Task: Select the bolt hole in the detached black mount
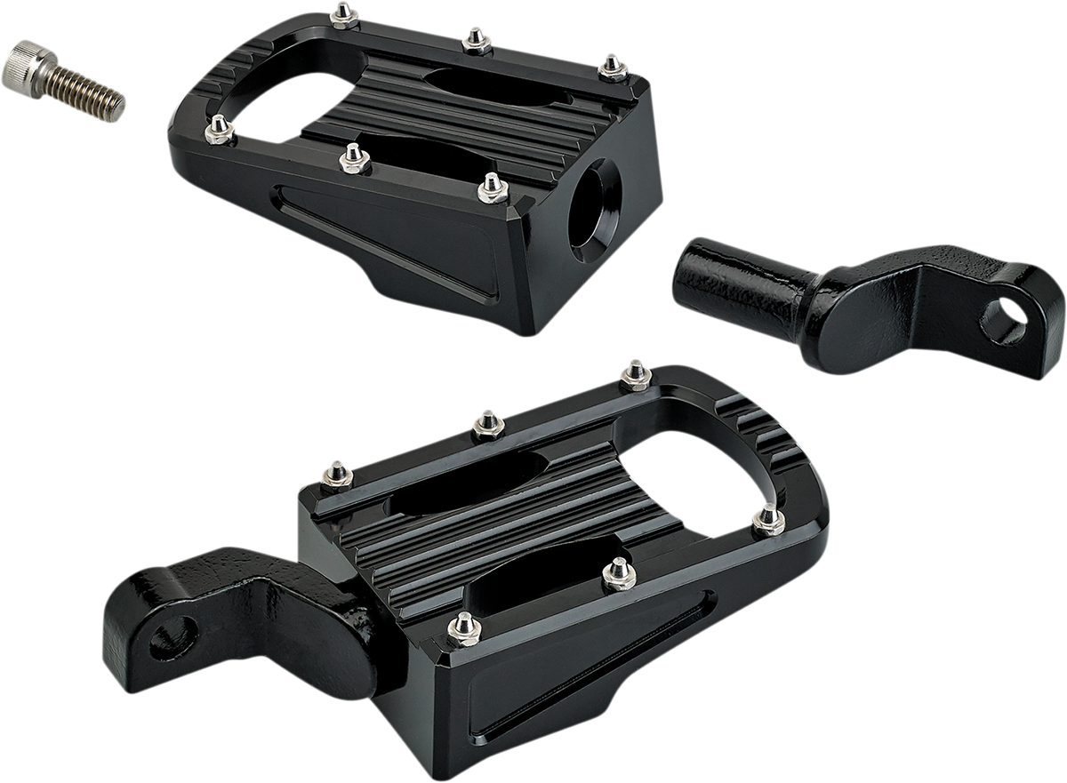coord(1002,322)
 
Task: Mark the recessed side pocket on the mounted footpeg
coord(569,658)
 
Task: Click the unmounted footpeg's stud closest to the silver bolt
coord(219,131)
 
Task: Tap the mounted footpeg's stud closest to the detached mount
coord(636,374)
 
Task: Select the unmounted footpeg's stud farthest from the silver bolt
coord(613,67)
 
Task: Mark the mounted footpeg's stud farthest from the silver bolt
coord(768,518)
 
